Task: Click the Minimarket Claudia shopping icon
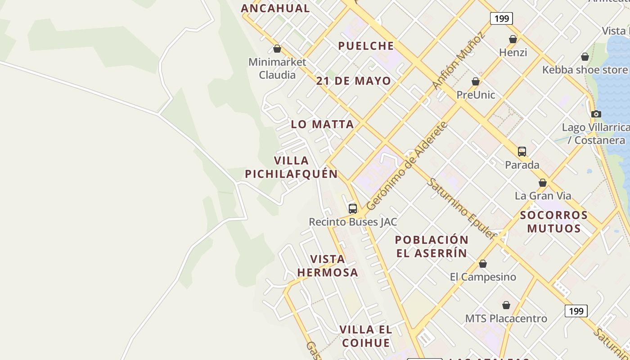277,49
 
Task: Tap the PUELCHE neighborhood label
366,46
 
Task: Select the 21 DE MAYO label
353,81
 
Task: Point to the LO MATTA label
322,124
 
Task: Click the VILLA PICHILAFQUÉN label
291,167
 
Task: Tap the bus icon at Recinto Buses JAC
353,209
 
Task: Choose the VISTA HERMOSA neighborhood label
328,265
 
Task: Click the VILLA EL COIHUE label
366,336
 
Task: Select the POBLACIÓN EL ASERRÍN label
432,246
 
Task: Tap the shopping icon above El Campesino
483,264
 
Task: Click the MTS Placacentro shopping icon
506,305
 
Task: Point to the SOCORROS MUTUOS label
554,222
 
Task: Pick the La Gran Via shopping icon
543,183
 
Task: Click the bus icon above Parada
522,152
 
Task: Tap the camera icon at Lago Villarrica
596,114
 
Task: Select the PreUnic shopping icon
476,81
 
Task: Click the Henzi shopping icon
513,39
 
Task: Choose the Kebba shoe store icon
585,57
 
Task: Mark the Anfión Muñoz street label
459,60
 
